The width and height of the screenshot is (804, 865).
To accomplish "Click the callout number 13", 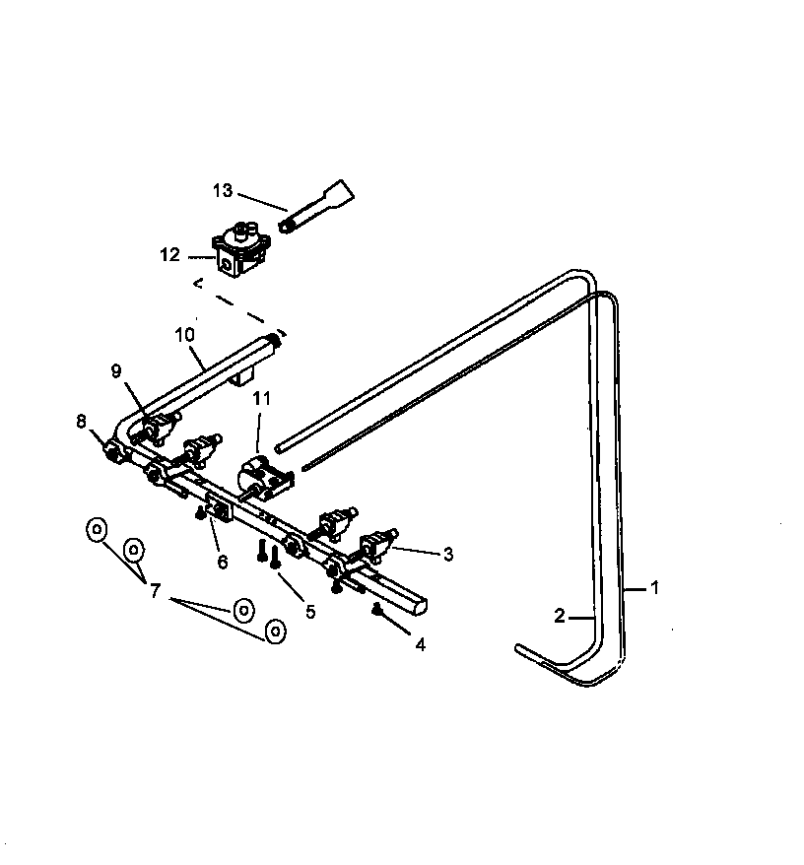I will point(223,190).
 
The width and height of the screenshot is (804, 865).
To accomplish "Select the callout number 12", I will point(169,255).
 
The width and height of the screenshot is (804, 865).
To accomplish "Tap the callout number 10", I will point(184,334).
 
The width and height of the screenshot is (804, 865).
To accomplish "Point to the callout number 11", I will point(260,399).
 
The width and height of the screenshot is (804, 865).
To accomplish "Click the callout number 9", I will point(116,371).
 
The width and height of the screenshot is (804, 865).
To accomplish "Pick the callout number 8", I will point(81,421).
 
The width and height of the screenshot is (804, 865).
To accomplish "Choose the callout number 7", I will point(155,590).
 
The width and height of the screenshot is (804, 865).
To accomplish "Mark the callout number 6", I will point(223,562).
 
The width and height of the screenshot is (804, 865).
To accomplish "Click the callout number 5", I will point(310,611).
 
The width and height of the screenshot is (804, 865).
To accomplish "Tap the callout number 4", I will point(421,645).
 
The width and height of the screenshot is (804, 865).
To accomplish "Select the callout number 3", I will point(447,555).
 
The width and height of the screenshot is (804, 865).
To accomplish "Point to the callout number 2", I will point(560,616).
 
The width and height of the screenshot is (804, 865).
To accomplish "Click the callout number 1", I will point(654,588).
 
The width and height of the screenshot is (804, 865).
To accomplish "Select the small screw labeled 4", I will point(377,611).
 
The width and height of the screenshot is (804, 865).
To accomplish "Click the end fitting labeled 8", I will point(113,452).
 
